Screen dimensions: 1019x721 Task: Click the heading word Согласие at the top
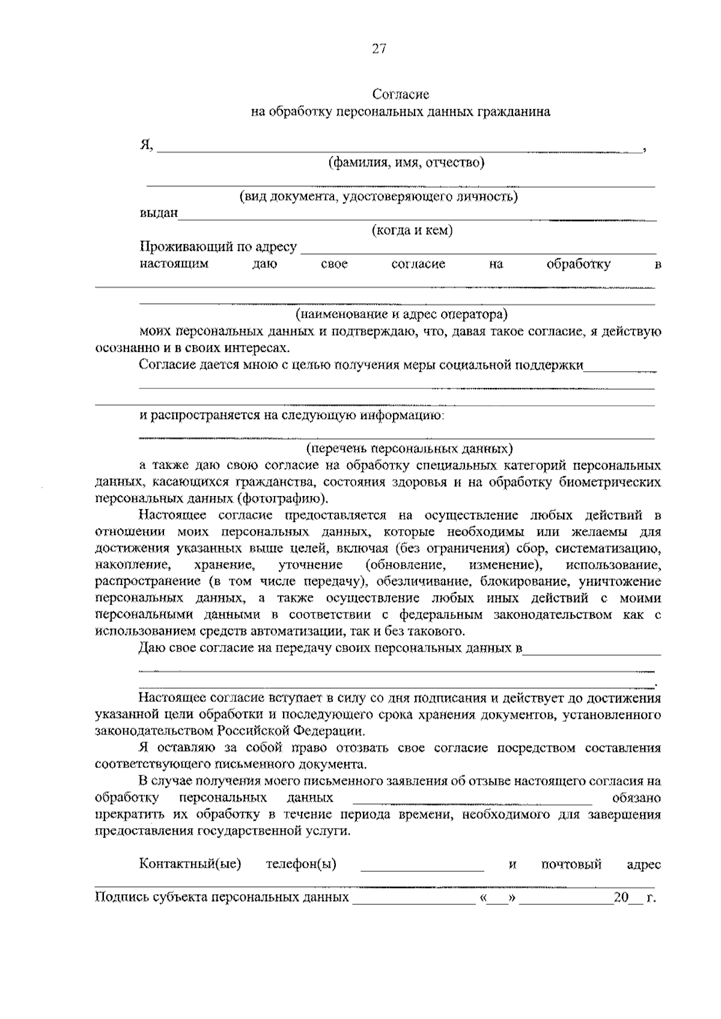click(401, 94)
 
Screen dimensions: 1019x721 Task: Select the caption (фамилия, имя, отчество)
click(406, 163)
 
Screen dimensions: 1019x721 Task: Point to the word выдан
click(159, 213)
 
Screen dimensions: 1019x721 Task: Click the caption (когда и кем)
click(412, 231)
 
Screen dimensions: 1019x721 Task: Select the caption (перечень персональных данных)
click(409, 449)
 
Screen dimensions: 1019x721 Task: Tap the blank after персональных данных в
click(592, 650)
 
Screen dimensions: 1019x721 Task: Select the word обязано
click(636, 799)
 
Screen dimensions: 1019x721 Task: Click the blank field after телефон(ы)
click(422, 866)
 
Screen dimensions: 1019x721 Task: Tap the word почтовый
click(571, 865)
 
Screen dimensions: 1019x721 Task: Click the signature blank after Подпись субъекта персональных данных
click(414, 899)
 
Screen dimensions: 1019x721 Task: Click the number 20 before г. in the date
click(621, 898)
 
